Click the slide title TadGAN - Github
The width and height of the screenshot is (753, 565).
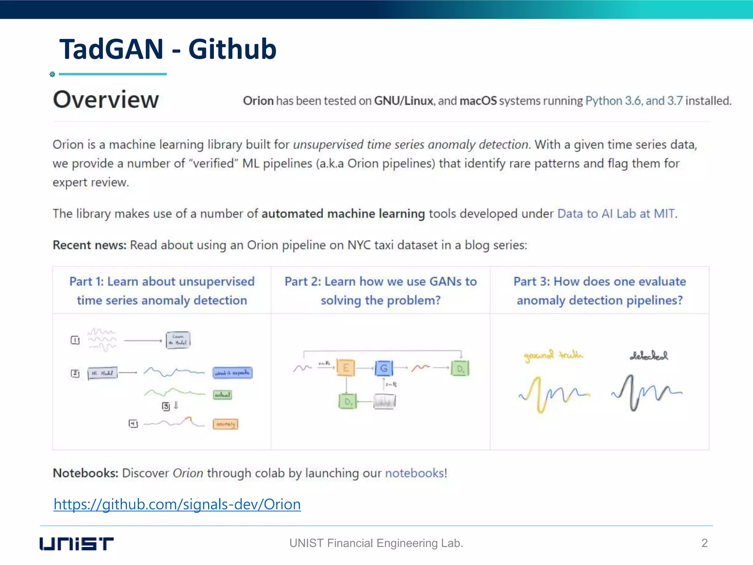point(168,49)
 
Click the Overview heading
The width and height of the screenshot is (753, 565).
point(106,100)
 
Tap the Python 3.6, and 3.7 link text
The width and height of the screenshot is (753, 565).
point(634,101)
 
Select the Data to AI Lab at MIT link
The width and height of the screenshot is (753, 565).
point(616,214)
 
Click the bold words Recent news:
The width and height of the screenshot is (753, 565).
point(89,245)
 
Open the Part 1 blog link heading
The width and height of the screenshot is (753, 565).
point(162,291)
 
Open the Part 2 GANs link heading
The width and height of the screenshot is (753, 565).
point(381,291)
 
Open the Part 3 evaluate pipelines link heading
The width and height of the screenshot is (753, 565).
point(600,291)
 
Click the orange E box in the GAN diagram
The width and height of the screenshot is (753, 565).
point(346,368)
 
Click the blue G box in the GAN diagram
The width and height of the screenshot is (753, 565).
point(384,368)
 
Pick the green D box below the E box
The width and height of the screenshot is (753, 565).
point(347,401)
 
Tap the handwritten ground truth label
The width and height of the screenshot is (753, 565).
point(553,356)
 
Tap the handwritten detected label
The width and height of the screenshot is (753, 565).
point(649,356)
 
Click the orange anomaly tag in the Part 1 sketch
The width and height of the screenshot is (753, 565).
point(225,424)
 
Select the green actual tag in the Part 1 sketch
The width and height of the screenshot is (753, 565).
point(222,395)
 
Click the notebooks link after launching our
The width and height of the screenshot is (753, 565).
point(414,473)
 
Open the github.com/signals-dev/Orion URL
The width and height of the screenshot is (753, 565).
point(177,504)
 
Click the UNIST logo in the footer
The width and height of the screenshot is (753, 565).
point(76,543)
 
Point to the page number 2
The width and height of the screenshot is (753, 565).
point(704,543)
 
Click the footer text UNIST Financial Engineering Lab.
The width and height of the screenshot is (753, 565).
point(376,543)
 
